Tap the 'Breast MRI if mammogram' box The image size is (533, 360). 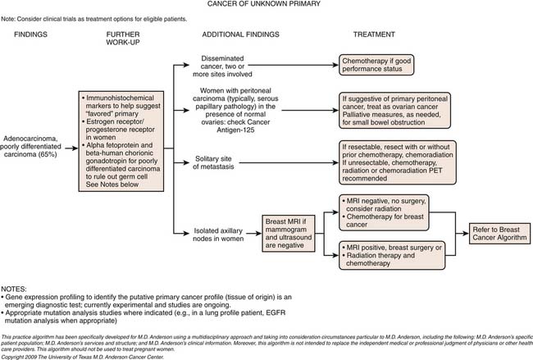[x=290, y=232]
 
